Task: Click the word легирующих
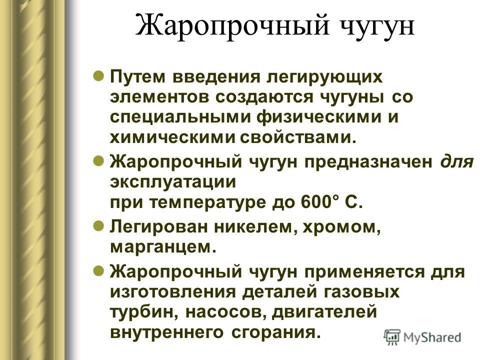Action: point(324,77)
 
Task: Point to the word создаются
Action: point(264,98)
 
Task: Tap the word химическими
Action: point(172,138)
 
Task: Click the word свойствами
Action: point(298,138)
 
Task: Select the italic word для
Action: point(456,161)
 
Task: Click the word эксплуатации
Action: point(173,182)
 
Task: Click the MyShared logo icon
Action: point(392,337)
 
